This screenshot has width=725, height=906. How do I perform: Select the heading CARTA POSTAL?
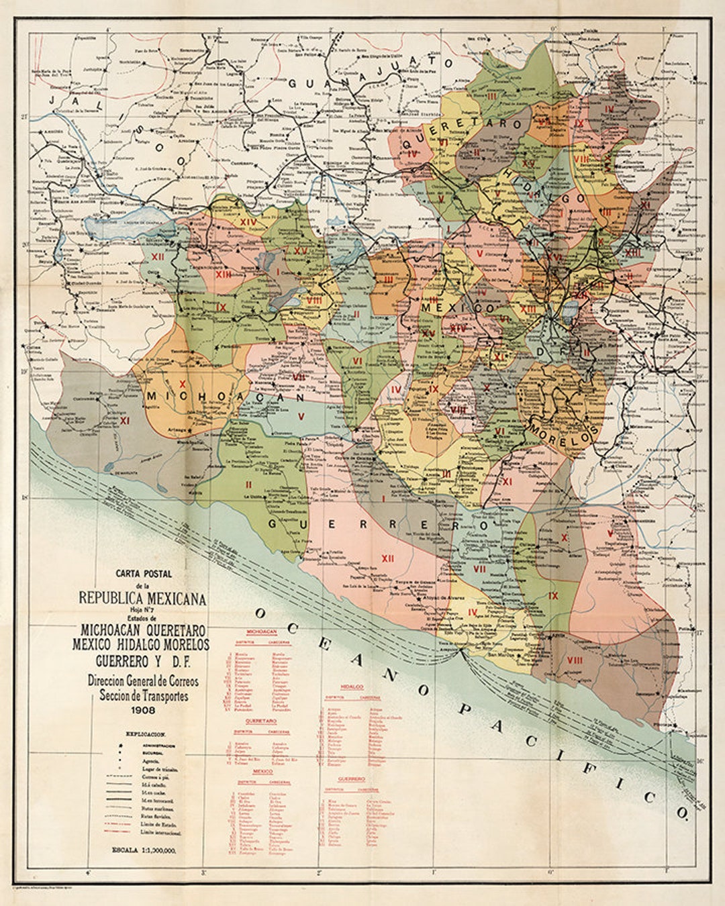coord(144,574)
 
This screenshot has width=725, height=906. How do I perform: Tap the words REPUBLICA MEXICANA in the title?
coord(142,598)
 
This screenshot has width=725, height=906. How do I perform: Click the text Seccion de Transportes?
coord(144,696)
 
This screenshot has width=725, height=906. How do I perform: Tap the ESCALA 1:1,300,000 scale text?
coord(144,851)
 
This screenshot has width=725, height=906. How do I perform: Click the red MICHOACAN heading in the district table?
coord(263,632)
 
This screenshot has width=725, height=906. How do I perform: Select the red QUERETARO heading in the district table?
coord(261,720)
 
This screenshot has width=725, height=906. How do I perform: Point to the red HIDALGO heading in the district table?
coord(352,687)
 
